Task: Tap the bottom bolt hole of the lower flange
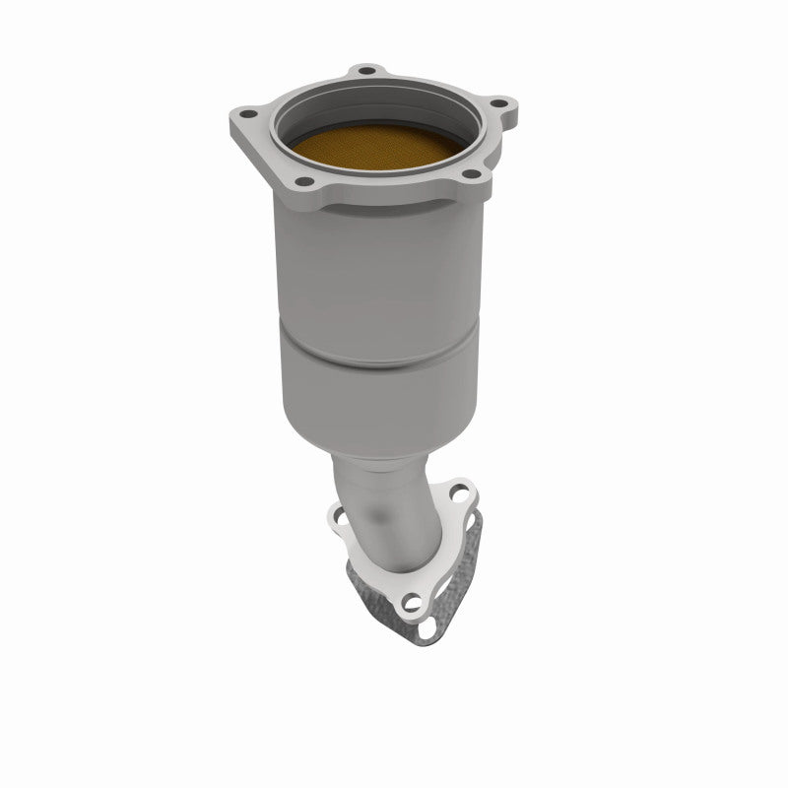point(414,600)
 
